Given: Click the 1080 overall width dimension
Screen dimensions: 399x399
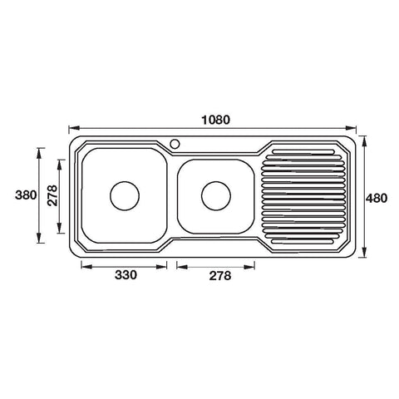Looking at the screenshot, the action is [215, 120].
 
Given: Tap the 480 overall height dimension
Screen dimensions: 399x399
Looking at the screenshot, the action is [377, 199].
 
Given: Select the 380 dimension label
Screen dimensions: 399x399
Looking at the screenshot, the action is [26, 195].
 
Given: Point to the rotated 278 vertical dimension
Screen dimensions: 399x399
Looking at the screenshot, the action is [52, 195].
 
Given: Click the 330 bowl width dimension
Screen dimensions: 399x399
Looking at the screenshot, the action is [126, 275].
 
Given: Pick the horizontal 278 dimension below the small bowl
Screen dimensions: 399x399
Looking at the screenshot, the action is [220, 276].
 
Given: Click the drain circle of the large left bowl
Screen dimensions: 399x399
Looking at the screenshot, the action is [125, 196].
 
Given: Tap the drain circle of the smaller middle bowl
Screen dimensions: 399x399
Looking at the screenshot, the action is [216, 196].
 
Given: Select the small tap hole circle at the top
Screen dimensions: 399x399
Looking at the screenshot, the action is [175, 144].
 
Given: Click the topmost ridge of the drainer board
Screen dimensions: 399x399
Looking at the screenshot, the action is [303, 151].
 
